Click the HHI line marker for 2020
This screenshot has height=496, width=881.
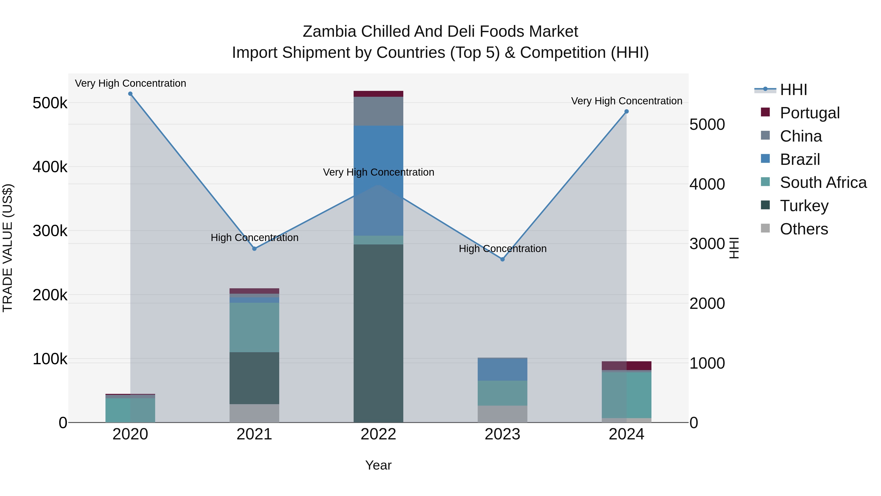pyautogui.click(x=130, y=94)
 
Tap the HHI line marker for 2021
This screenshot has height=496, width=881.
pyautogui.click(x=255, y=249)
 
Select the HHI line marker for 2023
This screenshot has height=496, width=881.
pyautogui.click(x=502, y=259)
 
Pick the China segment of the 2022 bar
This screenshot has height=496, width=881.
pyautogui.click(x=378, y=111)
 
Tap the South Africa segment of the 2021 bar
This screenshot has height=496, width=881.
pyautogui.click(x=255, y=327)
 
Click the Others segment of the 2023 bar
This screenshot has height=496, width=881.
pyautogui.click(x=502, y=414)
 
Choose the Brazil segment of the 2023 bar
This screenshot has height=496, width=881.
pyautogui.click(x=502, y=369)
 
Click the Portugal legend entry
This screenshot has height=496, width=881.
pyautogui.click(x=810, y=113)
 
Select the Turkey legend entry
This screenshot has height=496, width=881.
pyautogui.click(x=804, y=206)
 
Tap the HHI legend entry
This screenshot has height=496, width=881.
pyautogui.click(x=793, y=90)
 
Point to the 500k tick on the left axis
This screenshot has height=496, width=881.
pyautogui.click(x=50, y=103)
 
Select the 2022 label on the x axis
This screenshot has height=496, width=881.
pyautogui.click(x=378, y=434)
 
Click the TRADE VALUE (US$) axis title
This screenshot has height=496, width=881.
pyautogui.click(x=8, y=248)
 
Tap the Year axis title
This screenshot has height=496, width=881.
pyautogui.click(x=378, y=465)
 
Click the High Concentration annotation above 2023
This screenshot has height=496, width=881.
pyautogui.click(x=502, y=249)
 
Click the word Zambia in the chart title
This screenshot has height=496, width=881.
pyautogui.click(x=330, y=32)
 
